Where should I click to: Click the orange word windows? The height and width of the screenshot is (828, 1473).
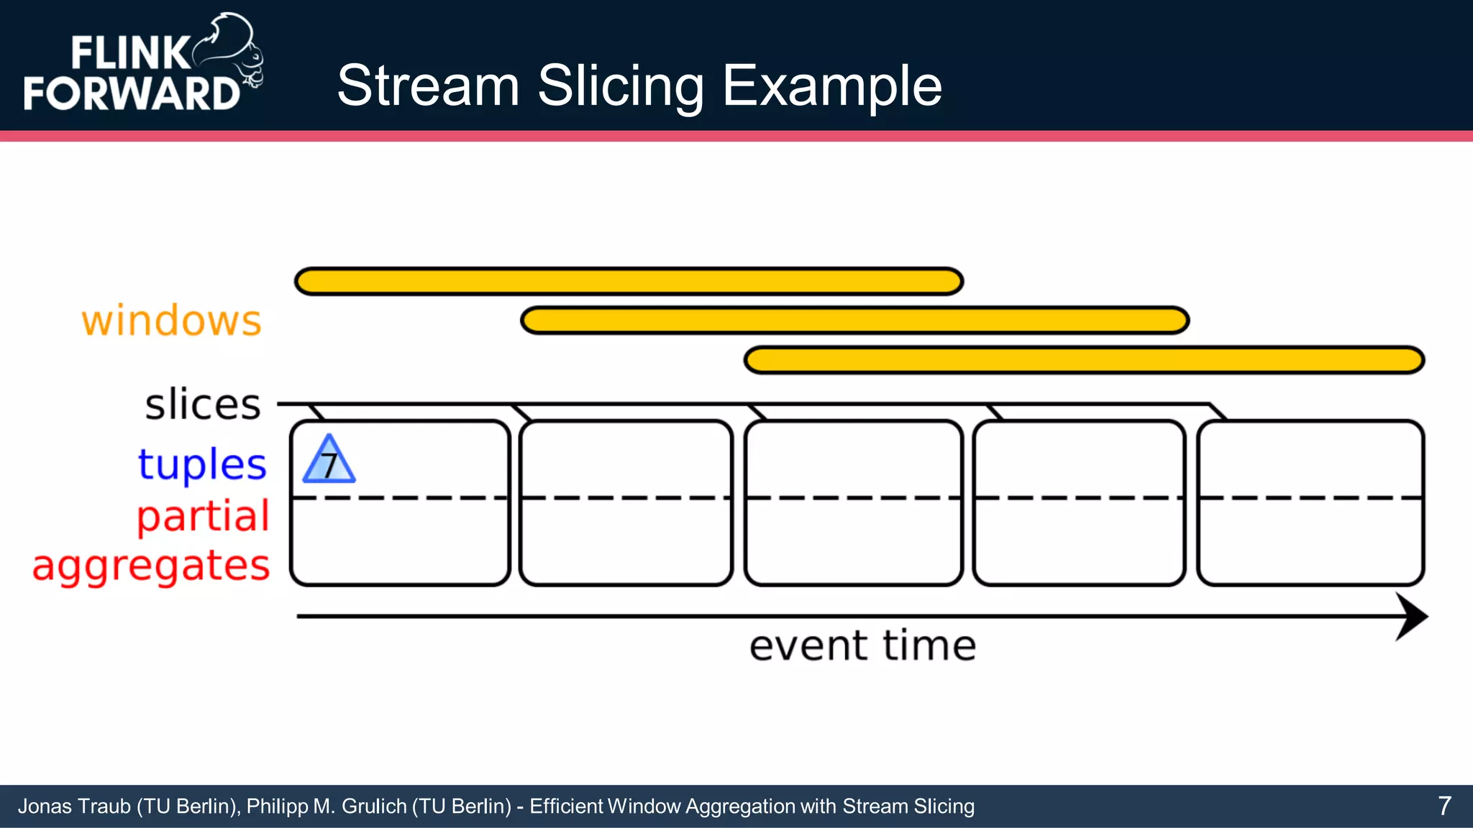171,321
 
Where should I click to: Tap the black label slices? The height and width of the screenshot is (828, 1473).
203,405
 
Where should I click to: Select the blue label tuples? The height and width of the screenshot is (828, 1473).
202,464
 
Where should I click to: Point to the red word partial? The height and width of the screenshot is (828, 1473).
203,516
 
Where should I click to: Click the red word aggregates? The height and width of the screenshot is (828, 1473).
151,566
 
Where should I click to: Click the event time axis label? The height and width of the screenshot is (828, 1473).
862,645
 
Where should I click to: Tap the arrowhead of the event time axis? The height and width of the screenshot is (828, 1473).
1411,617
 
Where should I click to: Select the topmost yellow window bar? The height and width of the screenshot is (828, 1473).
629,281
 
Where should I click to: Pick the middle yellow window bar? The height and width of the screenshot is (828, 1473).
854,321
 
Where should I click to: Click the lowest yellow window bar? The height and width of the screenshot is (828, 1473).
1084,360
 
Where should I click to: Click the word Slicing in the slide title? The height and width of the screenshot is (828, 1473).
620,86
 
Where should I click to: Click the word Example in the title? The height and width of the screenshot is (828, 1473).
831,86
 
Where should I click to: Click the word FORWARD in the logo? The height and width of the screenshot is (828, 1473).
132,93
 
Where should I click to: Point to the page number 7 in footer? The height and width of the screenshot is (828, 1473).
1444,806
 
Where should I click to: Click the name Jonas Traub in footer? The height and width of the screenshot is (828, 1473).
75,806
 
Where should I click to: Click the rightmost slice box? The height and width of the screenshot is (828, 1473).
1310,503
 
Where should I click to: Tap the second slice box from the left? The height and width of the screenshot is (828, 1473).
626,503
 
